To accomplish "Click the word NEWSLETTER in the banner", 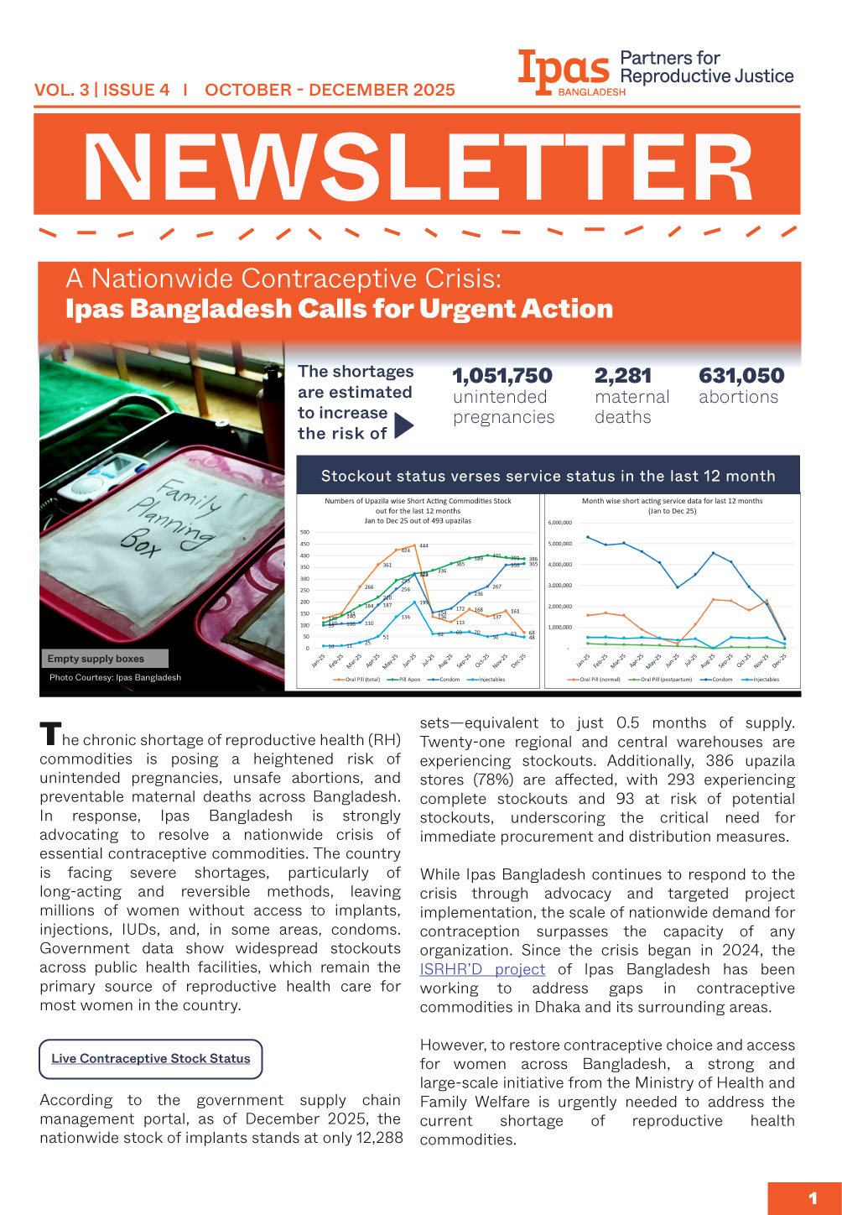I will click(418, 168).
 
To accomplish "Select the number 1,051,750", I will click(502, 376).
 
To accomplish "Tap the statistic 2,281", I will click(622, 376).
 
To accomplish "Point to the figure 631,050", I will click(741, 376).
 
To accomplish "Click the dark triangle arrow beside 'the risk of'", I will click(403, 426).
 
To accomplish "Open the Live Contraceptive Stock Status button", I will click(151, 1059).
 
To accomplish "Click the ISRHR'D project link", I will click(482, 969).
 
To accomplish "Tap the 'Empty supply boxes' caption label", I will click(96, 659).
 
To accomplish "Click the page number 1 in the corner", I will click(812, 1198).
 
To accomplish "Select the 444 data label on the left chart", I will click(424, 546).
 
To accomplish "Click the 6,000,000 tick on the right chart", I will click(559, 523).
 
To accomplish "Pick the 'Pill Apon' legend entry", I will click(408, 680).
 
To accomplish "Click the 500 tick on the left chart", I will click(304, 532).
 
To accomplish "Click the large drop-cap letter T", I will click(49, 734).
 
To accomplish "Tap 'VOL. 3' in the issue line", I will click(61, 90).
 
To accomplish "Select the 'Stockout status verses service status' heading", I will click(548, 476).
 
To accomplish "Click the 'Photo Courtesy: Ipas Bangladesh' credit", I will click(115, 677).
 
